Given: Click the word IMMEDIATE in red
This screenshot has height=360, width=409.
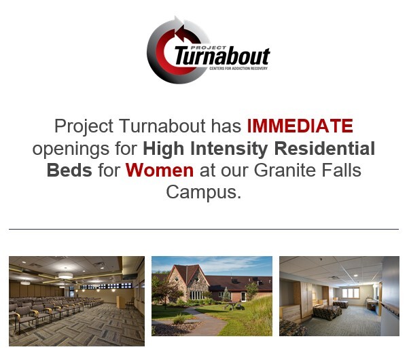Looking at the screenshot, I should tap(300, 126).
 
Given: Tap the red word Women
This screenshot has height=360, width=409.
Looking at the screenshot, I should tap(160, 169).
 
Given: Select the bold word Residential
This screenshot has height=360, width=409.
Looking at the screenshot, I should tap(321, 147).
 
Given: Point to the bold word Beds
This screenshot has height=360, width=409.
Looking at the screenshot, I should tap(69, 169).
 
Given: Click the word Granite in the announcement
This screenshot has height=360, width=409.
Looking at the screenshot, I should tap(283, 169).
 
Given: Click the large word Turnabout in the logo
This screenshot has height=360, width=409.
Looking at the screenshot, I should tap(221, 56).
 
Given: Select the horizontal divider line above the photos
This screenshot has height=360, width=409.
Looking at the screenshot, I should tap(204, 230).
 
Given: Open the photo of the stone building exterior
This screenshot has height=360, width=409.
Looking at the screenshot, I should tap(211, 295).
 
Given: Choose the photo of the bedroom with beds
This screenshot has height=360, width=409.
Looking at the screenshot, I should tap(339, 295).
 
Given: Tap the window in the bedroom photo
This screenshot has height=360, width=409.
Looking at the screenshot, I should tap(351, 292).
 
